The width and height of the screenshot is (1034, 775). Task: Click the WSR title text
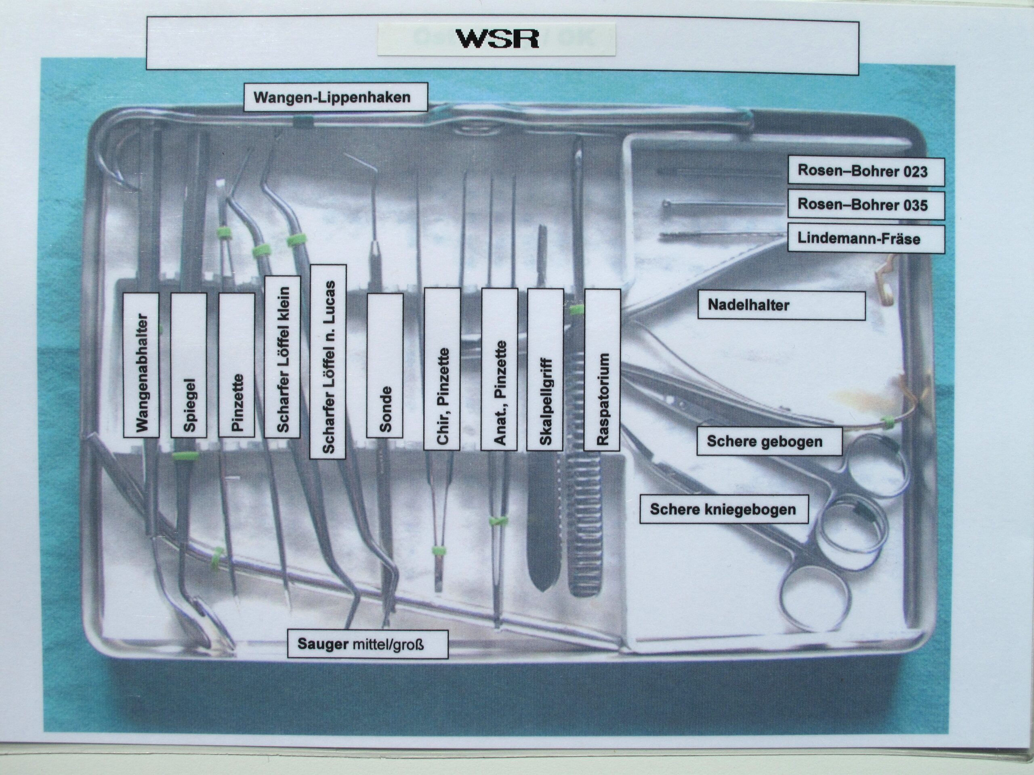[x=497, y=39]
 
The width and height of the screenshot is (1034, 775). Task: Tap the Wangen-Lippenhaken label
[x=335, y=97]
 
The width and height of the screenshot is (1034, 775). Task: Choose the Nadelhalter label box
[x=781, y=306]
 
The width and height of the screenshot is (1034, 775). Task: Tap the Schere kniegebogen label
[x=723, y=509]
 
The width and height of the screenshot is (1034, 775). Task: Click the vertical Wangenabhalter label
[x=141, y=365]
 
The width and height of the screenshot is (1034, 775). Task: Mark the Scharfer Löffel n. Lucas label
[x=328, y=362]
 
